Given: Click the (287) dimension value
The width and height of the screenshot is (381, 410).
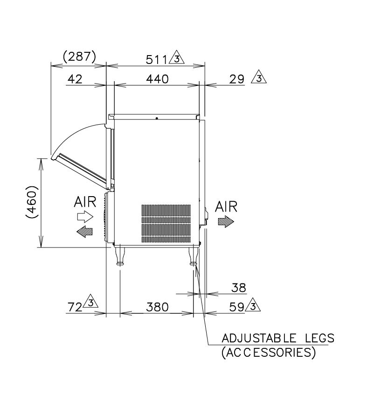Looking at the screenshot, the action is pos(80,57).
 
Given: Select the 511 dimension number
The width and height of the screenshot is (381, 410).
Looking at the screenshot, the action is pos(156,60).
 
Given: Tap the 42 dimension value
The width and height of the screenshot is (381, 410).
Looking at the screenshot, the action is pos(75,79).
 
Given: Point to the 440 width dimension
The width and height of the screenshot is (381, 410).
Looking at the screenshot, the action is pos(157,79).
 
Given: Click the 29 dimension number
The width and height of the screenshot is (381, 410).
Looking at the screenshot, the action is pos(237,79).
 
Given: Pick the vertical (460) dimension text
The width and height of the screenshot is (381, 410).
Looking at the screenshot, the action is pos(32,202).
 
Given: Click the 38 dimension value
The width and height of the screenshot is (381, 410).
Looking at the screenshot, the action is pos(239,288).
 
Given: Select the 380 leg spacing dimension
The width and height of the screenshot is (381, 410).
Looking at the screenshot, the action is pos(157,307).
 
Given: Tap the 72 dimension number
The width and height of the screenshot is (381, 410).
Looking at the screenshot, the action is pos(75,307).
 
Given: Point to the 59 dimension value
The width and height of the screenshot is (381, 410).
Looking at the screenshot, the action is pos(237,307).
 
